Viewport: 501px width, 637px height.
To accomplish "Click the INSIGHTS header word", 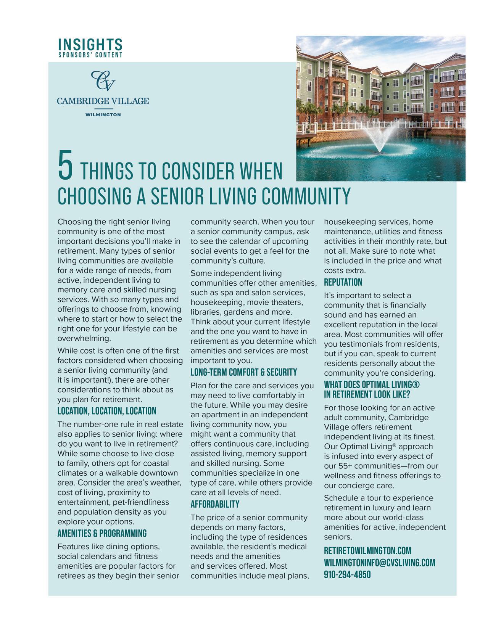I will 90,44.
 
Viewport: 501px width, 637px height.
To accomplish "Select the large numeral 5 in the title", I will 65,166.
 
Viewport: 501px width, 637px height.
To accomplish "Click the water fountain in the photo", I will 379,139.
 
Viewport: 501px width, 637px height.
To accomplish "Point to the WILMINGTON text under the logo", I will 103,114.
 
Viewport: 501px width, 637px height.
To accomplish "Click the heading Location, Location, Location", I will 106,411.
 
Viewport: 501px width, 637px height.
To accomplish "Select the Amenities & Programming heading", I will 102,533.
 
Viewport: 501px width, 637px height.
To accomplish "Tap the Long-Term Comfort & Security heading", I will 243,372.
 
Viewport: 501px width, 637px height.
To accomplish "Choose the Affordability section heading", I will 215,504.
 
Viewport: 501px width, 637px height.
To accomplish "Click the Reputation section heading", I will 343,283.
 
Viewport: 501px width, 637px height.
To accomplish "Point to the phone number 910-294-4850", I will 347,574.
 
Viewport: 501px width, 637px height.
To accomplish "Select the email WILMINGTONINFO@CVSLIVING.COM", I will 379,563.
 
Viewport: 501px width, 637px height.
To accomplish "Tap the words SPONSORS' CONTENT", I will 90,55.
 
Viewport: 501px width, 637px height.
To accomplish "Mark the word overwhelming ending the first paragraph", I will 84,338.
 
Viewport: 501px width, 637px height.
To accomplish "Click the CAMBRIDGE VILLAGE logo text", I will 103,101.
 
